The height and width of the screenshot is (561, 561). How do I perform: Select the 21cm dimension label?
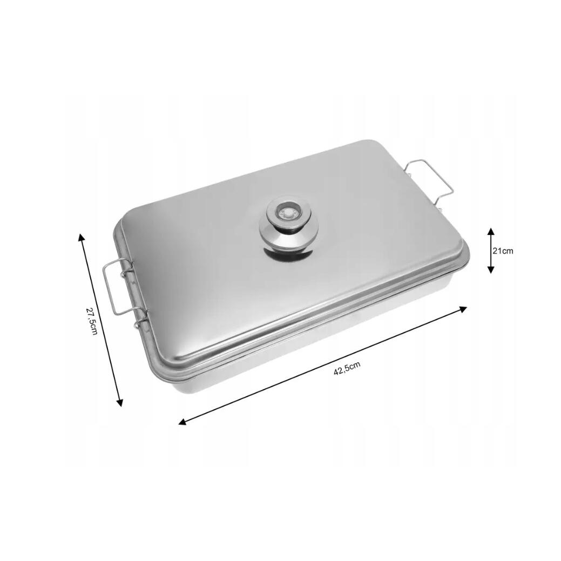[x=503, y=251]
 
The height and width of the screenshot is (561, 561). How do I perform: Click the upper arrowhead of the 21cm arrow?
[x=491, y=231]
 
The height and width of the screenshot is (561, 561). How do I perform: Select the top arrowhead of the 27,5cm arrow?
[x=81, y=238]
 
